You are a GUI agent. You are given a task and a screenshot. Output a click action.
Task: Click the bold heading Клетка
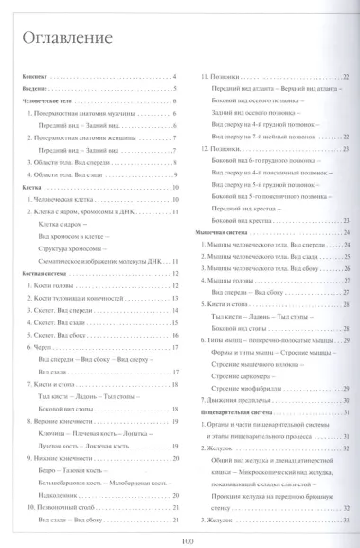(30, 188)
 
